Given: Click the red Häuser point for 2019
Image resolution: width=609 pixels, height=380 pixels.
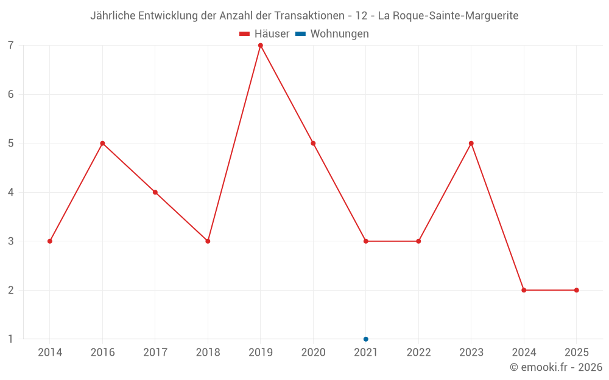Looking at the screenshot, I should pos(261,46).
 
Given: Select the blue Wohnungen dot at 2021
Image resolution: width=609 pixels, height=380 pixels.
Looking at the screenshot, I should pos(366,339).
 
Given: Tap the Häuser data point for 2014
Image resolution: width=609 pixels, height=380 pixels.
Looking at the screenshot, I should pos(50,241).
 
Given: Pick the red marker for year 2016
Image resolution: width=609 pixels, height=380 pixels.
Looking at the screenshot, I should pos(102,143).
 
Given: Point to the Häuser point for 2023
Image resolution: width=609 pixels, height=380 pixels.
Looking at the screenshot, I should pos(471,143).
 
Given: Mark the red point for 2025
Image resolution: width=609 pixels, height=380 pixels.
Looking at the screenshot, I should pos(577,290).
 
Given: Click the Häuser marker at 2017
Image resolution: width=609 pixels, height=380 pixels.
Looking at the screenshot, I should pos(155,192).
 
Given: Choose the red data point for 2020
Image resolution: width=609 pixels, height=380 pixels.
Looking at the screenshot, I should pos(313,143).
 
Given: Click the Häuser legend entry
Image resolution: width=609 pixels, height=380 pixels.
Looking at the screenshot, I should pos(264,34).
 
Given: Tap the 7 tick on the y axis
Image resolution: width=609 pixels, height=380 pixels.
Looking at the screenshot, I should pos(11,46).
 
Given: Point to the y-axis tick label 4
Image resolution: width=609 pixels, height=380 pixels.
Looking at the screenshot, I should pos(11,192).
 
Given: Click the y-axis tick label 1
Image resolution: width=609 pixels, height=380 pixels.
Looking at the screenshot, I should pos(11,339).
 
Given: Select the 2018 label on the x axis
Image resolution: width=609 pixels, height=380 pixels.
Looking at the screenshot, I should pos(208,353).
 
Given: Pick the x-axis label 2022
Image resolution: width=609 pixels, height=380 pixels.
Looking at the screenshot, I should pos(418,353).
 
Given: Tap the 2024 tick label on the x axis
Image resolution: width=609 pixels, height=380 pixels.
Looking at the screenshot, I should pos(524,353).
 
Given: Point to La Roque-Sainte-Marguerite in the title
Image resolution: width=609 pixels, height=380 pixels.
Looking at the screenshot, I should pos(448,16).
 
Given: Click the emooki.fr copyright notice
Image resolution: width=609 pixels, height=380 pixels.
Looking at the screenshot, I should pos(556,367).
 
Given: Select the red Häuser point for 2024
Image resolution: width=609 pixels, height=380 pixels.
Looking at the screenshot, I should pos(524,290).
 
